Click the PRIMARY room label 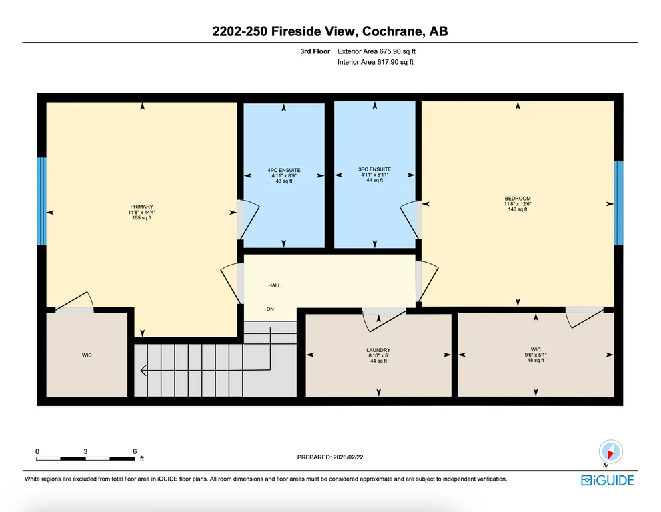(141, 207)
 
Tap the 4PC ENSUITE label (284, 170)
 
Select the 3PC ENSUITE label (375, 169)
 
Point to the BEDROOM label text (518, 199)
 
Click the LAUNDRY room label (378, 350)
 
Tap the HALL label (274, 285)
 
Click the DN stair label (270, 309)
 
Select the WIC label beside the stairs (87, 355)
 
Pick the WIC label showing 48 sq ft (536, 349)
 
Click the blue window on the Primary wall (42, 201)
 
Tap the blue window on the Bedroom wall (618, 203)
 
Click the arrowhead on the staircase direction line (143, 371)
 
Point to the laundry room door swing (383, 321)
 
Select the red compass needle (609, 454)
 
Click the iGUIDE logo (608, 481)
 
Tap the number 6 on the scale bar (135, 451)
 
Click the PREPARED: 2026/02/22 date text (330, 457)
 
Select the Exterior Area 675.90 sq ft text (376, 51)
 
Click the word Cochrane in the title (393, 31)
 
